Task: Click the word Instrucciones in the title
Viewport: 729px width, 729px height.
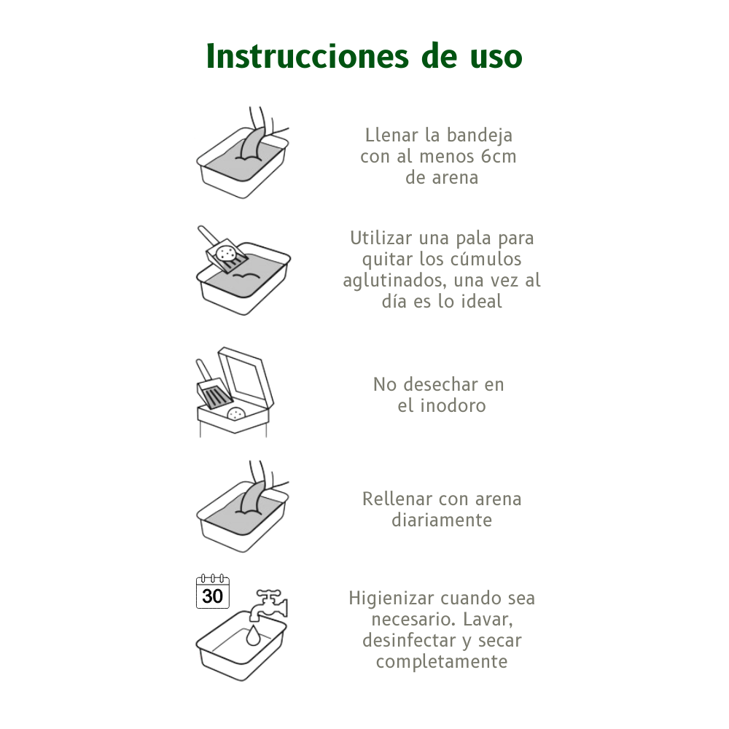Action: (x=308, y=56)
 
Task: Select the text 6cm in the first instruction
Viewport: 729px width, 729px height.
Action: (x=499, y=156)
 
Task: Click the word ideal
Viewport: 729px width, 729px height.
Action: (x=481, y=301)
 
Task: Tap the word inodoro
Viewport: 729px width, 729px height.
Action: (x=453, y=406)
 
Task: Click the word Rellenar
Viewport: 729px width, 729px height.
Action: (x=397, y=499)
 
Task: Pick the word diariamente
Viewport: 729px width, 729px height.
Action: (x=442, y=521)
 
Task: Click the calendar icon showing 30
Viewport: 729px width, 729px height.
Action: (x=213, y=592)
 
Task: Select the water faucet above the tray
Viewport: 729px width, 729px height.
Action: (x=270, y=605)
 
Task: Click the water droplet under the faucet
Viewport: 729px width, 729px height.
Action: (x=253, y=636)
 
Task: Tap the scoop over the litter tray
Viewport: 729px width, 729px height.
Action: (x=222, y=251)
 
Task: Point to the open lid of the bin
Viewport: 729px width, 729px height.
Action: (x=246, y=377)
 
